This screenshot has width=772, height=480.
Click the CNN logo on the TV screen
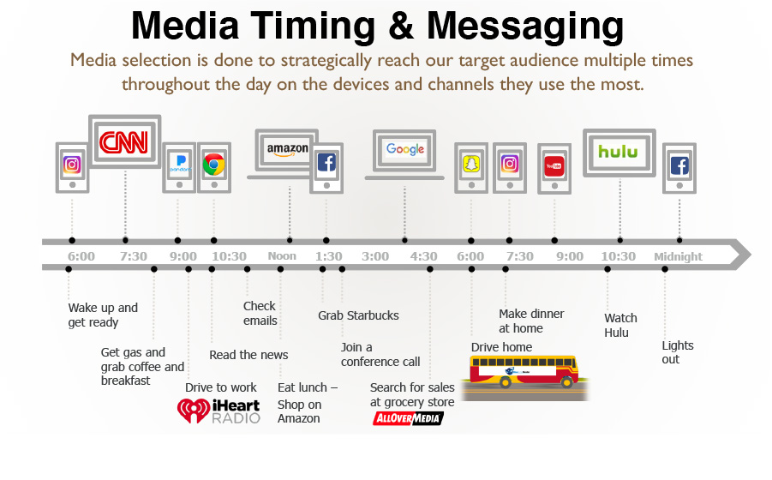124,142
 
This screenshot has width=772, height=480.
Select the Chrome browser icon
214,165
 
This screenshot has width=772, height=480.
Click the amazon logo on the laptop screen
288,149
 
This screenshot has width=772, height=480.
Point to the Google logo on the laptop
405,148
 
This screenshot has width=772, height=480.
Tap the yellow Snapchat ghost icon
471,164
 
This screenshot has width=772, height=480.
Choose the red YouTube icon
554,165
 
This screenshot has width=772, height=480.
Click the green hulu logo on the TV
619,151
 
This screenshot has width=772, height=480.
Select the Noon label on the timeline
282,256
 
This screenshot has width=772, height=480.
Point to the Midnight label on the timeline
678,256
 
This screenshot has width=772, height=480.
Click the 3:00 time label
375,256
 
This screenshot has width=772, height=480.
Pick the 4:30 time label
423,256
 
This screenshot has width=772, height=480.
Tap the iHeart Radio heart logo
194,410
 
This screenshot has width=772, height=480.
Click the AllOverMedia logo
408,418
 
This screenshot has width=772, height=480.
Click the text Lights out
678,352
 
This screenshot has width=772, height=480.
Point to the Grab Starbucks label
358,315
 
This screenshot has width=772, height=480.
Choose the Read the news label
248,355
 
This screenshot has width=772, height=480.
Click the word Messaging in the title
525,26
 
